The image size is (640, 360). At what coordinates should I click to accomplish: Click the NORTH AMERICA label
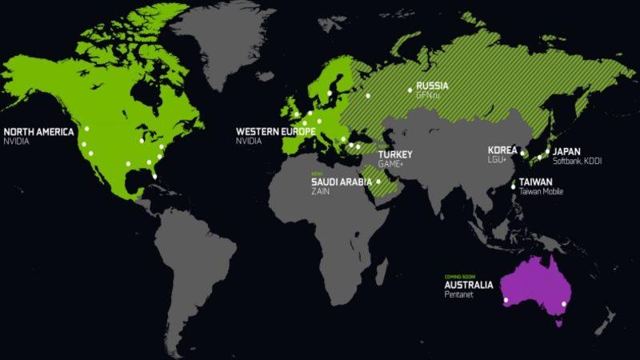38,131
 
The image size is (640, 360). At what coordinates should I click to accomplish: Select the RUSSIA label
432,86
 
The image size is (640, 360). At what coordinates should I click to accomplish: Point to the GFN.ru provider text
428,95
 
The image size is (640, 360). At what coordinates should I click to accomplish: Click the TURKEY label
394,154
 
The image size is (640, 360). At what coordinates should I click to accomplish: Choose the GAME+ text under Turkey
390,163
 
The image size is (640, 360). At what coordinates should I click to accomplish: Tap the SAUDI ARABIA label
342,182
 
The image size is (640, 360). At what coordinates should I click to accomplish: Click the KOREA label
502,150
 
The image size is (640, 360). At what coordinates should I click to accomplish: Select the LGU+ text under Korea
498,160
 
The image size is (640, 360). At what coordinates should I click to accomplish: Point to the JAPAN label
566,151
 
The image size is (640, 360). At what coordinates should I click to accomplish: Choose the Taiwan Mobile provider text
542,192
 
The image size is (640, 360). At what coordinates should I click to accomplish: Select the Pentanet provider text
460,294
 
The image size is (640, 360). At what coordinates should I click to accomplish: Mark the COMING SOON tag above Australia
461,276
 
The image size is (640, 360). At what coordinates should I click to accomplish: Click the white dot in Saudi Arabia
378,182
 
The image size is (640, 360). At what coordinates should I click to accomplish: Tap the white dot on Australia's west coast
506,300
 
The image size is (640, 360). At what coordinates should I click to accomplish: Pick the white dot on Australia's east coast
565,304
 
